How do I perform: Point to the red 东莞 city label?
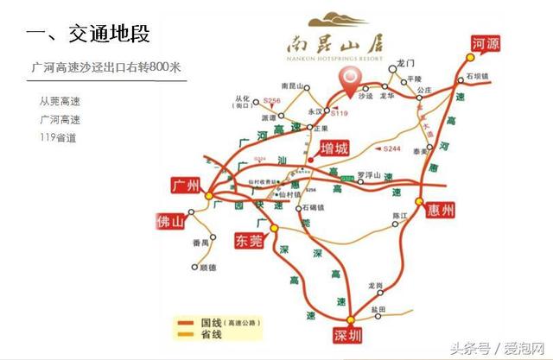(x=249, y=241)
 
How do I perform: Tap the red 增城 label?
(x=333, y=148)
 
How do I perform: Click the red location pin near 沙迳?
(x=350, y=79)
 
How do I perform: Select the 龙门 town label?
(x=406, y=64)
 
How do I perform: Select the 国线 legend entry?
(x=218, y=322)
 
